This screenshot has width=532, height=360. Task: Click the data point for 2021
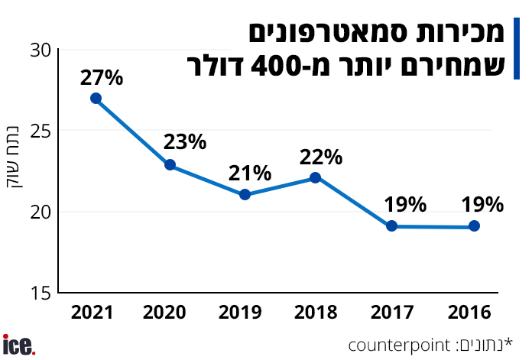coord(96,98)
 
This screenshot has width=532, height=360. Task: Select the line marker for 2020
coord(170,164)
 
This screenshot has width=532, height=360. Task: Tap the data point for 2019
coord(245,194)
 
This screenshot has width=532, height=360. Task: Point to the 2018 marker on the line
coord(315,177)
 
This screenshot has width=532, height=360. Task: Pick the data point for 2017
coord(391,225)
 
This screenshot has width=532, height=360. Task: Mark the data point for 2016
coord(474,225)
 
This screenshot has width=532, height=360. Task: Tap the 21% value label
coord(250,173)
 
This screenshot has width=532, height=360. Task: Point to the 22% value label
coord(320,157)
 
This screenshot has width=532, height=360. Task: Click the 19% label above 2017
coord(405,204)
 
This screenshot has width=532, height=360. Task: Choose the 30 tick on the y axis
coord(41,50)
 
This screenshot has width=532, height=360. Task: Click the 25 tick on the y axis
coord(41,131)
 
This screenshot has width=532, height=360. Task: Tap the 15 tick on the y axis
coord(41,293)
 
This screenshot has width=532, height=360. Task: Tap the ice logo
coord(19,345)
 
